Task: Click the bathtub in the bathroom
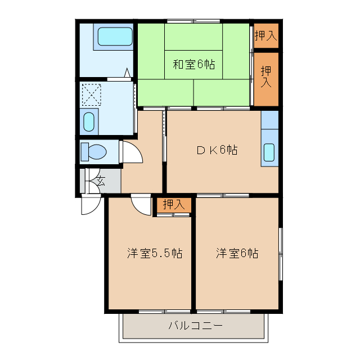pyautogui.click(x=115, y=37)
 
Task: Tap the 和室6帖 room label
pyautogui.click(x=193, y=64)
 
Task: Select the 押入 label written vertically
pyautogui.click(x=266, y=76)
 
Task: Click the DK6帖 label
pyautogui.click(x=216, y=150)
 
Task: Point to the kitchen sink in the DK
pyautogui.click(x=269, y=152)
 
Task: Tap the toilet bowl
pyautogui.click(x=95, y=152)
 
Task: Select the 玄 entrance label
pyautogui.click(x=101, y=181)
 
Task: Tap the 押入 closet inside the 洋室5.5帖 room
pyautogui.click(x=173, y=205)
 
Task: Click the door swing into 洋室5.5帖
pyautogui.click(x=140, y=203)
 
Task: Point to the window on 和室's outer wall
pyautogui.click(x=194, y=21)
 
